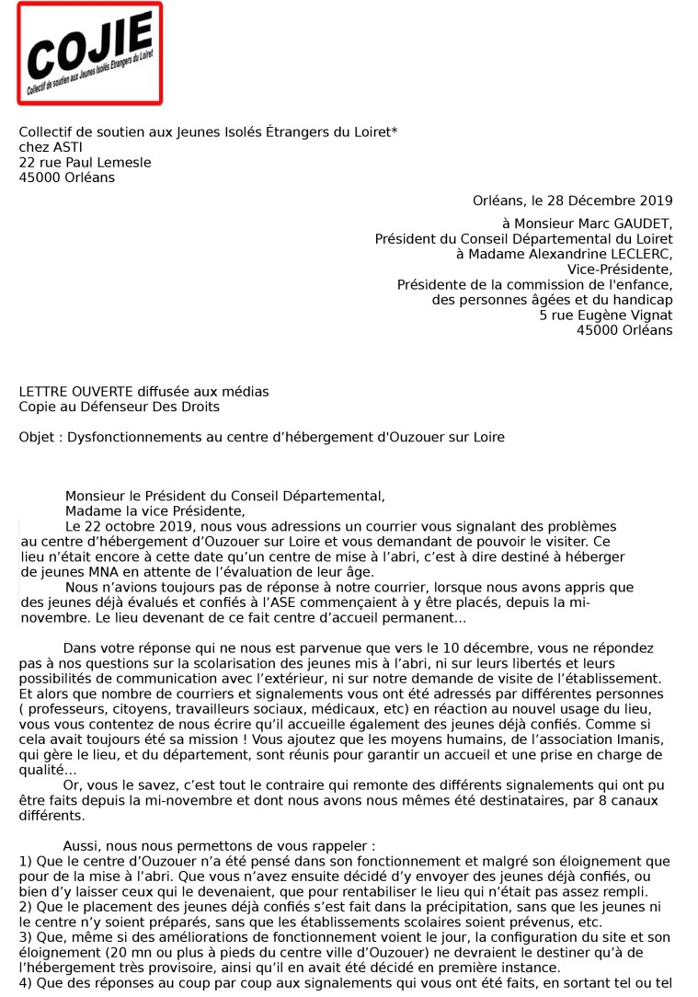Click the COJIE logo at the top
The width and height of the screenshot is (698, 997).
pos(89,53)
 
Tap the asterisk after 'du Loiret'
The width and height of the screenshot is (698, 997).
pos(395,132)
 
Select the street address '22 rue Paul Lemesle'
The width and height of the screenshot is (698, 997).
pos(85,163)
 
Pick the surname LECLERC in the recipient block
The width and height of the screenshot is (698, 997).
pos(638,254)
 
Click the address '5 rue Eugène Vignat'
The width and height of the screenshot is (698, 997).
pos(606,315)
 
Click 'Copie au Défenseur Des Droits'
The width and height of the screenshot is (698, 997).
pos(119,407)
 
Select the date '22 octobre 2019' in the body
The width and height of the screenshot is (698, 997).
pos(131,527)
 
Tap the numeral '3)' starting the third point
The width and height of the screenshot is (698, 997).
pos(26,936)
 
